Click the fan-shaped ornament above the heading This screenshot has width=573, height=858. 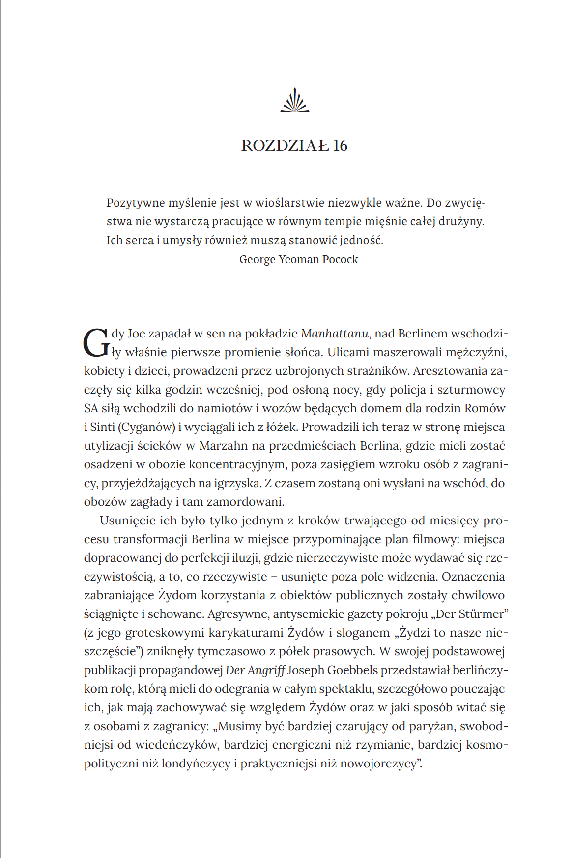pos(294,100)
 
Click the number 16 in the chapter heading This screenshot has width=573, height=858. pos(340,146)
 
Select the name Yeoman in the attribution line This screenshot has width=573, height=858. pos(299,259)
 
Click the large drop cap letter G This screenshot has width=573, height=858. pos(96,342)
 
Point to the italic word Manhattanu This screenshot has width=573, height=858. pos(334,334)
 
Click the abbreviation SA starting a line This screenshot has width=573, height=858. pos(91,408)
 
